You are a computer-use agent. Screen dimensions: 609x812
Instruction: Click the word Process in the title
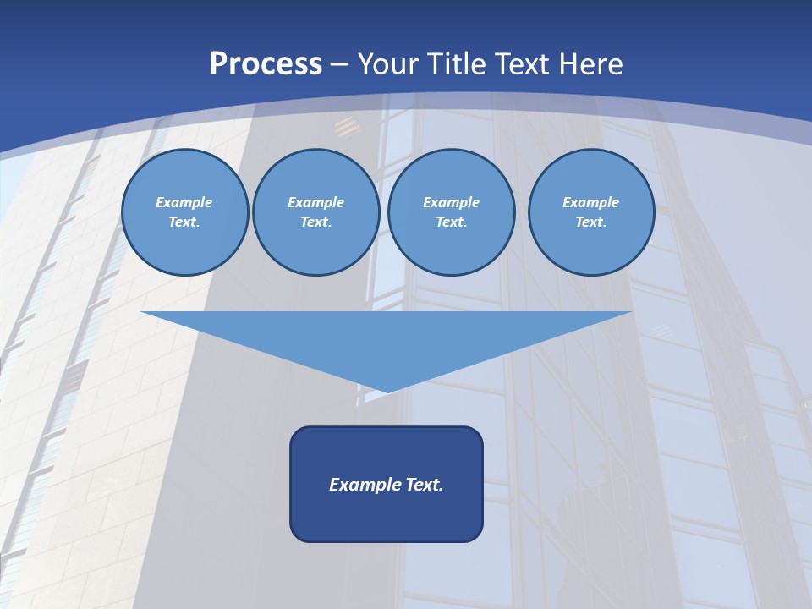coord(266,64)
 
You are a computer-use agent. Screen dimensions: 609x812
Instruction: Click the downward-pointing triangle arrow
coord(387,338)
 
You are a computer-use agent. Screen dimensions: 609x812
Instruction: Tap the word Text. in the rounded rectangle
coord(425,485)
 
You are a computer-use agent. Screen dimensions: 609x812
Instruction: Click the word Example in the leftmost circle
coord(184,202)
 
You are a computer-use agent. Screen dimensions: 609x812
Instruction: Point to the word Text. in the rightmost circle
coord(591,222)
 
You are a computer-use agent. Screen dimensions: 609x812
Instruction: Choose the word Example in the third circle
coord(451,202)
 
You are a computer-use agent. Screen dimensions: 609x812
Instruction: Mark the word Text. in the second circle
coord(315,222)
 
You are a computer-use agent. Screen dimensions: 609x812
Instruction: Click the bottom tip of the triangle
coord(387,390)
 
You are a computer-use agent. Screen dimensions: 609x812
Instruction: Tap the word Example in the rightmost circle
coord(591,202)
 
